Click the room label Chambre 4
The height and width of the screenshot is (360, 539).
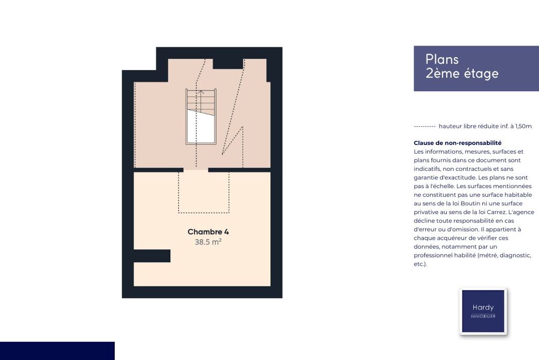[x=208, y=232]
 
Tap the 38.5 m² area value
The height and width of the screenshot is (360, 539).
[x=208, y=242]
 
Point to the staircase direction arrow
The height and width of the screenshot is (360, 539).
[x=201, y=100]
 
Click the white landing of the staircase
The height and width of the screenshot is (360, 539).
[x=201, y=127]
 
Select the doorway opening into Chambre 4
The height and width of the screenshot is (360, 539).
[x=196, y=170]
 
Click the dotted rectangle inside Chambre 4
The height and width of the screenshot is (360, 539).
[x=204, y=192]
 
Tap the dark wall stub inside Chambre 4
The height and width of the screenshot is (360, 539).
[x=152, y=256]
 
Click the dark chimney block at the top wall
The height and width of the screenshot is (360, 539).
[x=228, y=64]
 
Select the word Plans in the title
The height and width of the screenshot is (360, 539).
[x=442, y=59]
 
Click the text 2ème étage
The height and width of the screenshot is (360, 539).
[x=462, y=74]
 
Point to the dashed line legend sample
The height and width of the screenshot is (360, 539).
[x=425, y=127]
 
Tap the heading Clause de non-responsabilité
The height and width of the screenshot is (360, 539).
[x=458, y=143]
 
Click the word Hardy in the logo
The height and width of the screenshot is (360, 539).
[x=483, y=308]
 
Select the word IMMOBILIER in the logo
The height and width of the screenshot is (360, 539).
[x=483, y=316]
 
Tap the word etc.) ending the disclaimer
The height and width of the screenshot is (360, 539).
[x=420, y=264]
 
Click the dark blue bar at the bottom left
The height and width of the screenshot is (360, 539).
[x=57, y=351]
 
